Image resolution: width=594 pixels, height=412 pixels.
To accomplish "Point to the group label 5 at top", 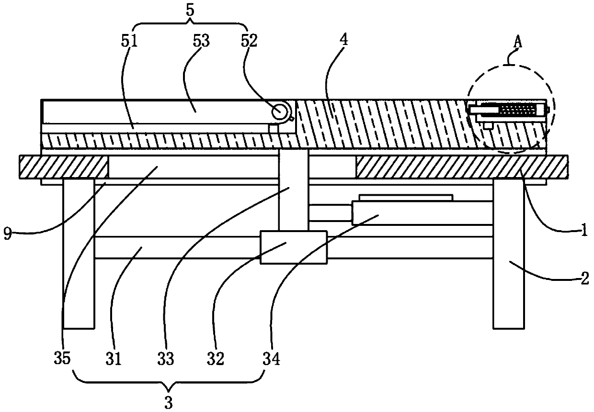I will point(190,11).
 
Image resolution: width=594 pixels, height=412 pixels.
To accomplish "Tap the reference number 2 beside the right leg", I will point(584,279).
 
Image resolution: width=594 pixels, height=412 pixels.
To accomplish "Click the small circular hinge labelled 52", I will point(279,111).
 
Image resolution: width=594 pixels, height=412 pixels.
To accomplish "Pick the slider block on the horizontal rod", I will point(293,247).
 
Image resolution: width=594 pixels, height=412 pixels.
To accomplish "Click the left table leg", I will point(79,254).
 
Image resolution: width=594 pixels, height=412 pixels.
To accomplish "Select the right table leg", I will point(508,254).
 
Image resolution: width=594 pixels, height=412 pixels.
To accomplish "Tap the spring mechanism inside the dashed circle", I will point(515,110).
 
